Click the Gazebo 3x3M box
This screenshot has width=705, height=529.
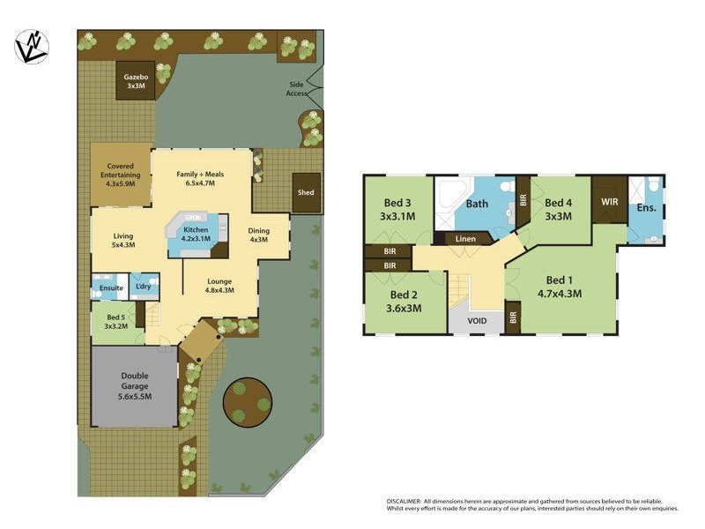136,81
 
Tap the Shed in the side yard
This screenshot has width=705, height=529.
305,192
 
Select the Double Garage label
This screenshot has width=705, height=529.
136,386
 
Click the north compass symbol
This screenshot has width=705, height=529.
31,46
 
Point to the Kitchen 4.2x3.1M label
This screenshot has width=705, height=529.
195,234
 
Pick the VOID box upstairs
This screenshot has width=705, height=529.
476,321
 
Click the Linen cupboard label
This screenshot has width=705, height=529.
464,239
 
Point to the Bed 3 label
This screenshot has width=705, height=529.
397,209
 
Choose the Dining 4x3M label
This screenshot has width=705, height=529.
258,235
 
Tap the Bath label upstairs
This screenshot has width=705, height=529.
477,205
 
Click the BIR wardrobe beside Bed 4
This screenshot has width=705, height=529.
523,199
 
